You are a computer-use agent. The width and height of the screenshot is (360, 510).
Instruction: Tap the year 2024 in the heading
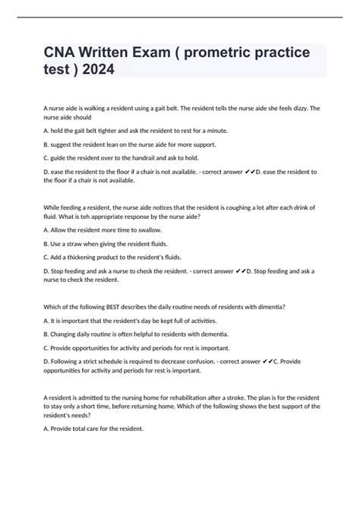click(99, 70)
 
